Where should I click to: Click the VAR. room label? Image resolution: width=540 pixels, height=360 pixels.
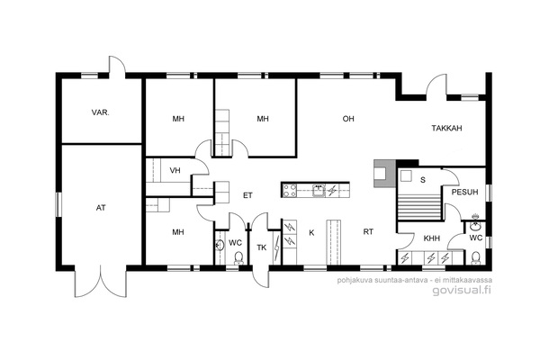coord(101,112)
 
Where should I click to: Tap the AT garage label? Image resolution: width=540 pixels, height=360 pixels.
coord(101,208)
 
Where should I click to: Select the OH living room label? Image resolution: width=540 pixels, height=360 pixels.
coord(348,119)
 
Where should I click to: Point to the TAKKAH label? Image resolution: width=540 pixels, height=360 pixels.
coord(446,128)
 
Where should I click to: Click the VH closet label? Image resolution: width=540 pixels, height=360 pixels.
coord(175,170)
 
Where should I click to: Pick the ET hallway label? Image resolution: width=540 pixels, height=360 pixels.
coord(247,195)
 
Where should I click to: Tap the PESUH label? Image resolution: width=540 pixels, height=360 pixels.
coord(464,193)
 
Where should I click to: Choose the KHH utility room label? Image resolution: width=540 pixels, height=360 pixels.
coord(431,238)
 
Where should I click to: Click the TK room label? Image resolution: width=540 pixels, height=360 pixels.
coord(262,247)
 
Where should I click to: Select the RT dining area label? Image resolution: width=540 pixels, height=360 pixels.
coord(368,232)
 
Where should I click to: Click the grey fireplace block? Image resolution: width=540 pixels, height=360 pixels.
coord(385,174)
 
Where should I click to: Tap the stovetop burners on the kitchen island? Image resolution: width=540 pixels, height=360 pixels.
coord(289,190)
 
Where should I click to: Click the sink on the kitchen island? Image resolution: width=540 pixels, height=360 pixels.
coord(319,190)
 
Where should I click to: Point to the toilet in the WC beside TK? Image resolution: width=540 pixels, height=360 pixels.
coord(238,257)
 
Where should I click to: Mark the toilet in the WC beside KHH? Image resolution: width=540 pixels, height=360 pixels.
coord(475,257)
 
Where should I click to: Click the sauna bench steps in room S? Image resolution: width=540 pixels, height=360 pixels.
coord(419,207)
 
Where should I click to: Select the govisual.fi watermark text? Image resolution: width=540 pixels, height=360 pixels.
coord(462,290)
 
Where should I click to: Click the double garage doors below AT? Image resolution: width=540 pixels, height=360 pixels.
coord(101,282)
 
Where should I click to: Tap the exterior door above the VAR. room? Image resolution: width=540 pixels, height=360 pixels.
coord(117,67)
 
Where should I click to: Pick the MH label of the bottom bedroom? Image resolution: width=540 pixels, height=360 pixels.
coord(178,232)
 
